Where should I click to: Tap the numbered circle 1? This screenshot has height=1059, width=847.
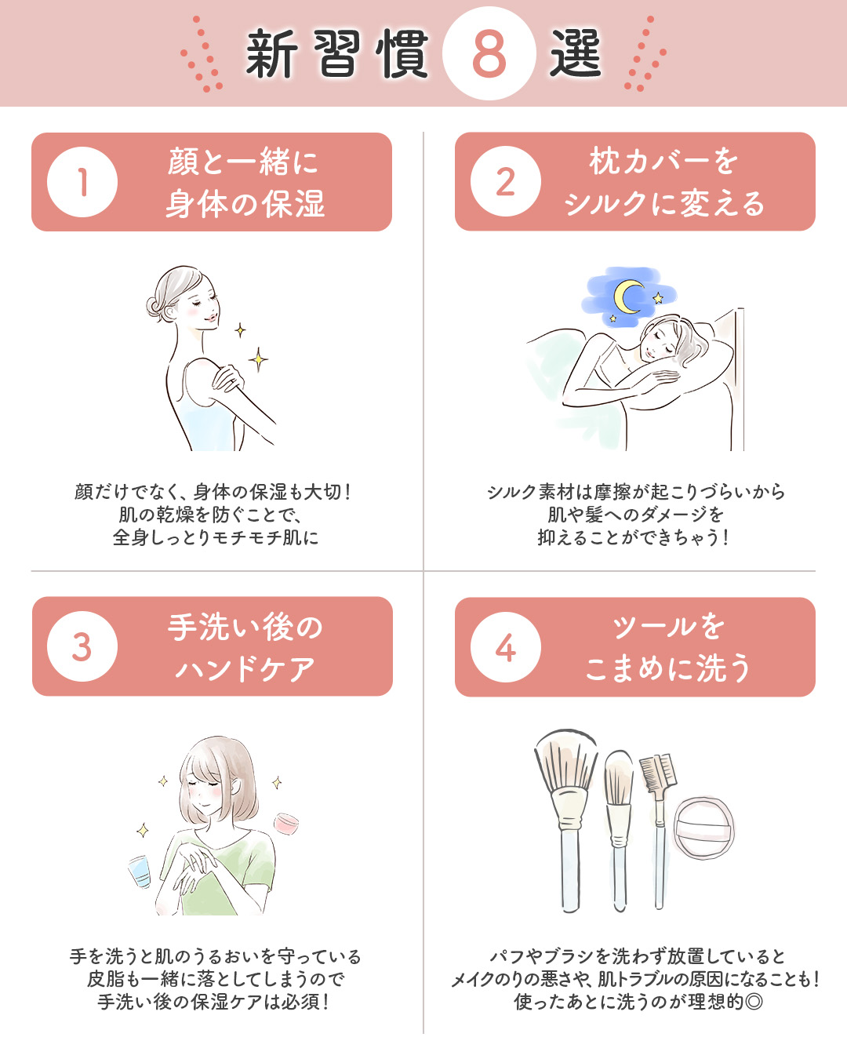(82, 182)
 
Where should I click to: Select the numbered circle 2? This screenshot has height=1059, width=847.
(506, 182)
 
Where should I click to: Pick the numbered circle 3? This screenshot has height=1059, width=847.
(82, 646)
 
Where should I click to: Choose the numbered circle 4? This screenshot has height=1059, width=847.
(506, 647)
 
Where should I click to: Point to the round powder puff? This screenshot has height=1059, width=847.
(703, 827)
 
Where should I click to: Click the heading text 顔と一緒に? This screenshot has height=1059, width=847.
(243, 162)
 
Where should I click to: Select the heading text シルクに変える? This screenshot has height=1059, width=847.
(663, 204)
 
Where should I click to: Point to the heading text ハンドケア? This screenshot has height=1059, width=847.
(245, 669)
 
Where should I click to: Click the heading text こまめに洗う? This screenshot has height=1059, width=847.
(667, 668)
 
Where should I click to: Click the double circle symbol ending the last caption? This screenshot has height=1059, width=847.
(754, 1002)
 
